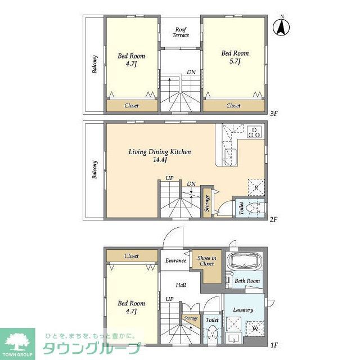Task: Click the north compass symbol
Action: (x=281, y=27)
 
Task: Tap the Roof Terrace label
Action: (x=181, y=33)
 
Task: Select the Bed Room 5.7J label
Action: (x=235, y=57)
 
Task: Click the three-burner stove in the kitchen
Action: (x=254, y=132)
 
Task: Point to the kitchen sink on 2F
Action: (x=230, y=156)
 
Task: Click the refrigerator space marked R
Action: (x=256, y=187)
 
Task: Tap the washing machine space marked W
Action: (x=255, y=328)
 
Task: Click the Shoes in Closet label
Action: (x=206, y=261)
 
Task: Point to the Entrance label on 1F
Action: (x=175, y=260)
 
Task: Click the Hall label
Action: (x=181, y=285)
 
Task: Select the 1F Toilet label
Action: (x=212, y=319)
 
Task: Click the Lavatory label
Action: (x=243, y=310)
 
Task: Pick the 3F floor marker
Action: (x=274, y=114)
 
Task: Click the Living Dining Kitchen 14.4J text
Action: (x=160, y=156)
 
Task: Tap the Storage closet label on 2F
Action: (x=207, y=204)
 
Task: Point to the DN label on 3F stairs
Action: (x=191, y=72)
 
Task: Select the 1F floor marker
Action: (x=274, y=345)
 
